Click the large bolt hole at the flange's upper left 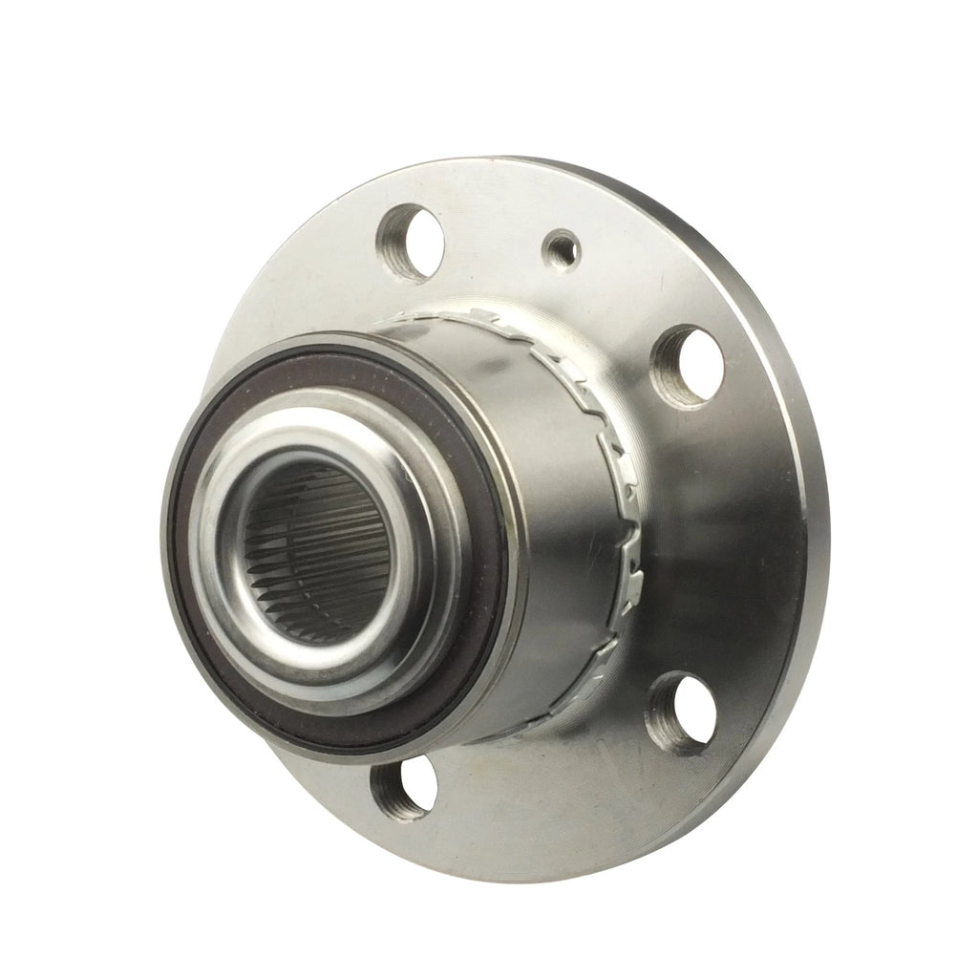pos(410,240)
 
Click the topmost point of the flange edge pos(535,159)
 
